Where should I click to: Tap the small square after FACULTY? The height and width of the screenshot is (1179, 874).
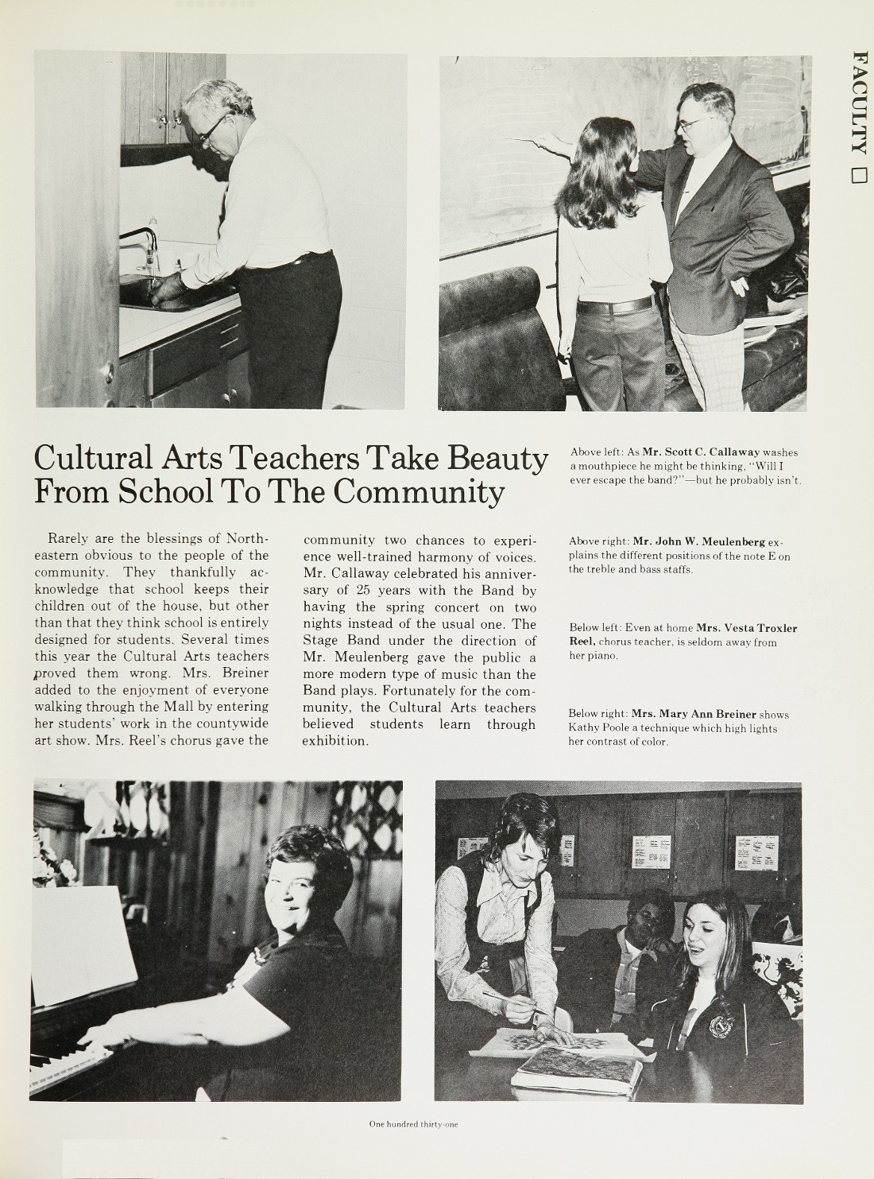point(858,175)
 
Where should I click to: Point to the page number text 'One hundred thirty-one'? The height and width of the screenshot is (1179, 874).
point(413,1124)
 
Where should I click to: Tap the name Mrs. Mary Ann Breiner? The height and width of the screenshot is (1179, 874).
point(694,714)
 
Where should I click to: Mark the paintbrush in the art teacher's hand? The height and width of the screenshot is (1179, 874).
point(516,1003)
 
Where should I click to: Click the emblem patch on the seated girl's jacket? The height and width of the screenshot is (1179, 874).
point(721,1025)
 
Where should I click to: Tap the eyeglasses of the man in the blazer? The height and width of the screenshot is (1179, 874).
point(693,124)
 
